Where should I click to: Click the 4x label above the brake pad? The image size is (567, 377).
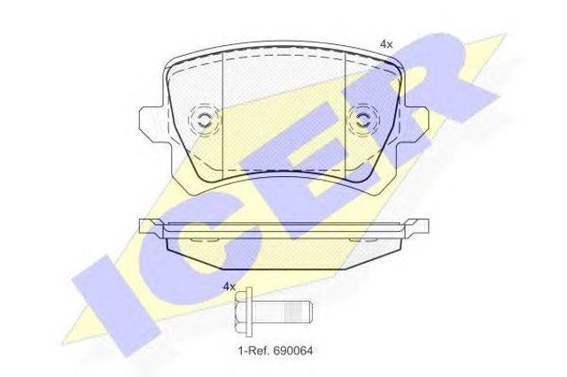point(386,45)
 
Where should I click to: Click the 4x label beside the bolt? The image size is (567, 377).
point(229,287)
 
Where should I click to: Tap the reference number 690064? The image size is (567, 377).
point(293,350)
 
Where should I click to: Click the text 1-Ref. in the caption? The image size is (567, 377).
point(254,350)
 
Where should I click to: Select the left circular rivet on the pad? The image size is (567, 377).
point(204,119)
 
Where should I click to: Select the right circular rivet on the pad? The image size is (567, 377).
point(363,119)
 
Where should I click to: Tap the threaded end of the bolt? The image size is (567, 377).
point(299,312)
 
